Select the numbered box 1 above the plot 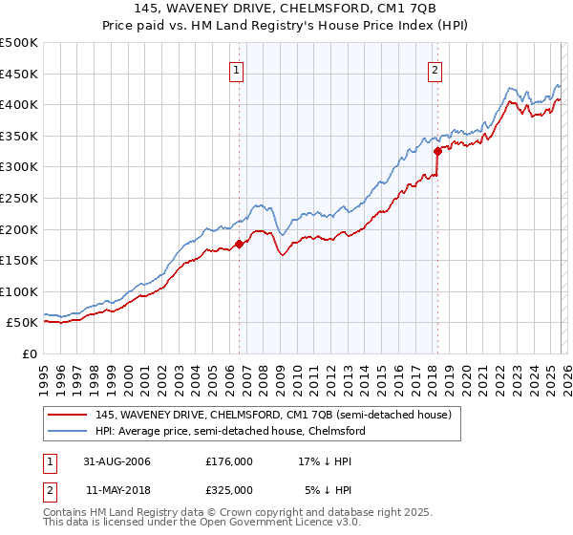[235, 69]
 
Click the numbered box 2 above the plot [435, 69]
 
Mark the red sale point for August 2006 [239, 244]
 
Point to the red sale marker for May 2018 [436, 151]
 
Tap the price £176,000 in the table [229, 461]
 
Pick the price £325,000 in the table [229, 489]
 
